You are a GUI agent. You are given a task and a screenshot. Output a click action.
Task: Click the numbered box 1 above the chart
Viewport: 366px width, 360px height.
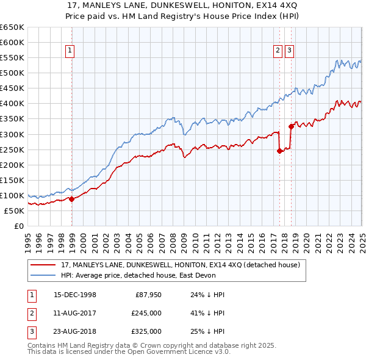click(x=70, y=51)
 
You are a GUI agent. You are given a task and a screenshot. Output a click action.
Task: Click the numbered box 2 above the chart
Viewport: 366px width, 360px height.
click(x=278, y=51)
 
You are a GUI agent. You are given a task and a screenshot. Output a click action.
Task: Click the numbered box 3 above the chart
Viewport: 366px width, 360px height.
click(x=289, y=51)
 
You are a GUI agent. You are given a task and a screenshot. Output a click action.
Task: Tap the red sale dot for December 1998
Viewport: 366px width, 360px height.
click(x=71, y=198)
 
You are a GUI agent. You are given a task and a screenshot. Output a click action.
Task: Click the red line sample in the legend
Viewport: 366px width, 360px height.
click(x=43, y=265)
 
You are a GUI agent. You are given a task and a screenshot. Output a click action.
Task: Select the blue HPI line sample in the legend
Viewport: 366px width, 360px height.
click(x=43, y=275)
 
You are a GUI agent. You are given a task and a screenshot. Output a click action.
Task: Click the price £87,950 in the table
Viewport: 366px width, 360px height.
click(x=146, y=295)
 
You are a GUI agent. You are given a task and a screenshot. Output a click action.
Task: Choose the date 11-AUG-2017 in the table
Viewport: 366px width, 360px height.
click(x=75, y=313)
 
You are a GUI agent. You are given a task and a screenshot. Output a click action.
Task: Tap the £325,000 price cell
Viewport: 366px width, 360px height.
click(x=146, y=331)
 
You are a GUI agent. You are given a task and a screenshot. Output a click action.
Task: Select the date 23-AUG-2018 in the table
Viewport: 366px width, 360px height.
click(x=75, y=331)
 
